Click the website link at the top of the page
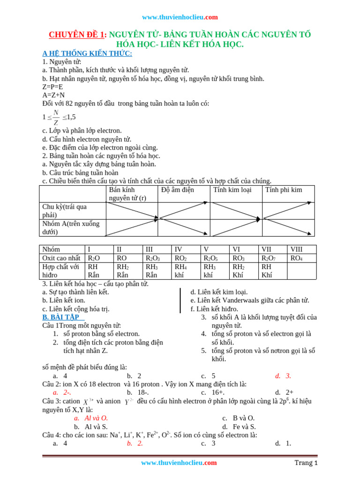[x=180, y=17]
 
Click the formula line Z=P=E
[x=52, y=87]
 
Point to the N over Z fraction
[x=56, y=117]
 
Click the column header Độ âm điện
[x=177, y=190]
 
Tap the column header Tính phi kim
[x=284, y=190]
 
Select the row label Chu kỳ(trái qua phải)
[x=65, y=210]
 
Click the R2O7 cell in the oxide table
[x=269, y=258]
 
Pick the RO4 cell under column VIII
[x=297, y=258]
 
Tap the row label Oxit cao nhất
[x=61, y=258]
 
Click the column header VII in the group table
[x=267, y=249]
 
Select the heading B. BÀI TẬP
[x=63, y=317]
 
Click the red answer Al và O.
[x=96, y=418]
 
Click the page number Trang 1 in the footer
[x=306, y=463]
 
